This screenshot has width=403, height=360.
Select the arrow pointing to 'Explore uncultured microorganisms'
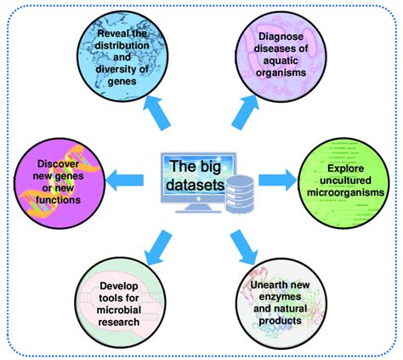click(x=271, y=178)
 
